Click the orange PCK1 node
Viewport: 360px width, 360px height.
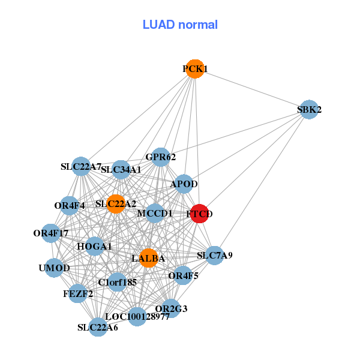(194, 69)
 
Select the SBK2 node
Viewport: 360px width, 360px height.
(308, 109)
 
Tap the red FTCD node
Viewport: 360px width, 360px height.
(200, 214)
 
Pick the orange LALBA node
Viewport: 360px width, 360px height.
(148, 258)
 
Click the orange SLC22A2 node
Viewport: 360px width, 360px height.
(115, 204)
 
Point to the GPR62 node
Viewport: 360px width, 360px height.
(160, 157)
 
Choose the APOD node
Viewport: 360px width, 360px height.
(184, 184)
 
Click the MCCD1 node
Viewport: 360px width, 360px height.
(155, 213)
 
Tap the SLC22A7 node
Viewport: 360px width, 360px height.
(81, 166)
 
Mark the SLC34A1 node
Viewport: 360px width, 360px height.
(121, 170)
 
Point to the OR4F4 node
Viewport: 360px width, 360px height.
(70, 206)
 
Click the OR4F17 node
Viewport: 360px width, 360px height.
(51, 233)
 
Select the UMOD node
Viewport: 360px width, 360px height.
(55, 268)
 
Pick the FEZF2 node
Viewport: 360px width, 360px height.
(77, 293)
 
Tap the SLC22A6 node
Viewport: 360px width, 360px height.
(98, 327)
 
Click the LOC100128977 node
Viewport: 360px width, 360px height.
(137, 316)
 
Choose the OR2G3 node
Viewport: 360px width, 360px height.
(171, 308)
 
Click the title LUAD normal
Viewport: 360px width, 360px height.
(180, 25)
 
